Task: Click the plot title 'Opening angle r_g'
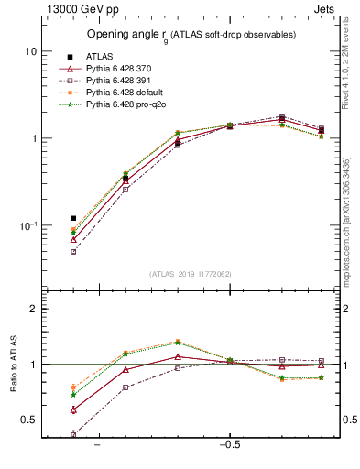(x=191, y=35)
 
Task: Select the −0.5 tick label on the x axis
(x=229, y=444)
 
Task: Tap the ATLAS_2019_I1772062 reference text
(x=191, y=274)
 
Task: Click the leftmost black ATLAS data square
(x=73, y=219)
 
